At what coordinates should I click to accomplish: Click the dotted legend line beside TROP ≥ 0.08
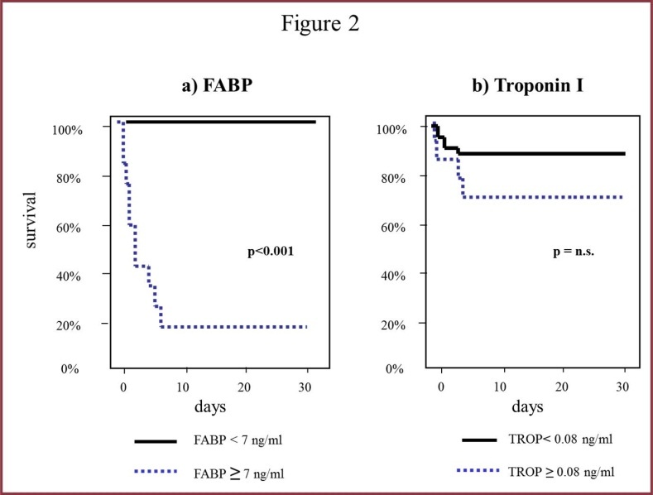pos(486,472)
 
